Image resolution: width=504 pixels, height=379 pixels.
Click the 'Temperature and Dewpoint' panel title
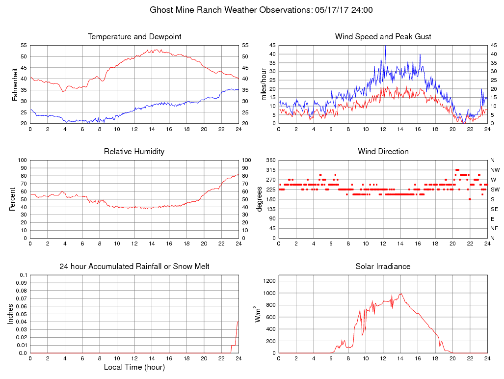[x=134, y=37]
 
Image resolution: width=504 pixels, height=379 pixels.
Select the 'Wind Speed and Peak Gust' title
[x=383, y=37]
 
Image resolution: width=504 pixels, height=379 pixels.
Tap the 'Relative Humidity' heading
[x=134, y=152]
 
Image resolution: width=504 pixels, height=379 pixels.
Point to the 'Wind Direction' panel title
[x=383, y=152]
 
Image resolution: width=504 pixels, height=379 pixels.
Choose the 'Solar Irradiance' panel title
[x=383, y=267]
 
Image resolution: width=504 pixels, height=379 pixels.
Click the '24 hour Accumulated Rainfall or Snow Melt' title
[x=134, y=267]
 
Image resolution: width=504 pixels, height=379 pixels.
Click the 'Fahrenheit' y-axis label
[x=15, y=84]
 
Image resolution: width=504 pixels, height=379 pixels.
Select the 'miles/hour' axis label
[x=264, y=84]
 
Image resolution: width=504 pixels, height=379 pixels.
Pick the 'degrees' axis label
[x=260, y=199]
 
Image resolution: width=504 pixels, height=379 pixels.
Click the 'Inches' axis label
[x=11, y=314]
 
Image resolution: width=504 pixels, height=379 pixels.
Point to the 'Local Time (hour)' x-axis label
[x=134, y=367]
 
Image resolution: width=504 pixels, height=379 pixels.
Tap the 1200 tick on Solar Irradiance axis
[x=268, y=281]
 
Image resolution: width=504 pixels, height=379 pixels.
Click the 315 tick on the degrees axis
[x=269, y=170]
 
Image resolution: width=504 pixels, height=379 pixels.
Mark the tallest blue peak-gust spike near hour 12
[x=385, y=46]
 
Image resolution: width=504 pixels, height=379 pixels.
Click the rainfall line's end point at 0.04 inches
[x=238, y=322]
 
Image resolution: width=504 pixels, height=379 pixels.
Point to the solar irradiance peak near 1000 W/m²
[x=401, y=294]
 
